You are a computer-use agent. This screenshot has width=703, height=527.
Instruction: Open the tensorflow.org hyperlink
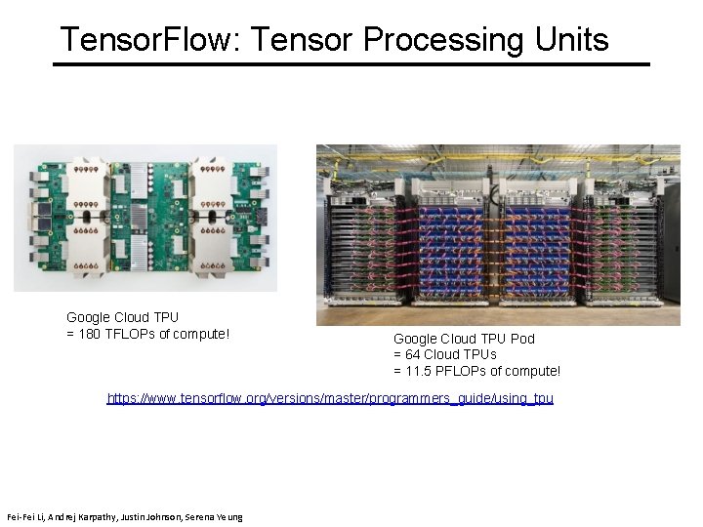point(330,399)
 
